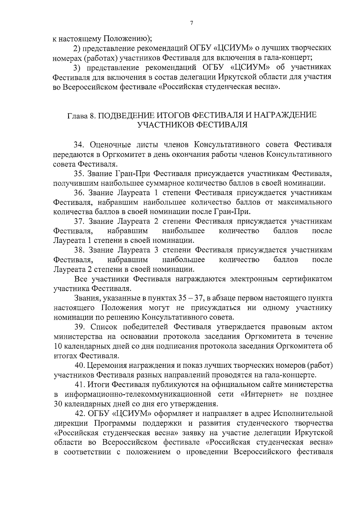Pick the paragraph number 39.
[79, 327]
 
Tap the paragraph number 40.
[80, 366]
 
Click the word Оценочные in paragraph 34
[110, 145]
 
